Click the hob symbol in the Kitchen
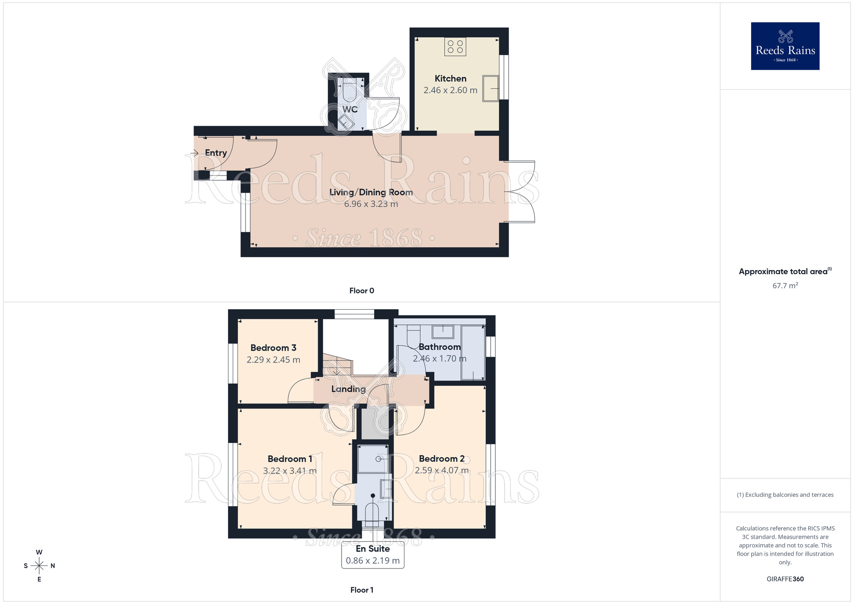pos(455,47)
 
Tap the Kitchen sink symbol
pos(491,88)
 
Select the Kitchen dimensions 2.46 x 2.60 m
pos(450,90)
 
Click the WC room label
pos(350,109)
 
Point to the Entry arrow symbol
pos(195,152)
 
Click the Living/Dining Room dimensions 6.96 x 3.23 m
pos(371,204)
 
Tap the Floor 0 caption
pos(362,291)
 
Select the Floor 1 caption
pos(362,590)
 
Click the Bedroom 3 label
pos(273,348)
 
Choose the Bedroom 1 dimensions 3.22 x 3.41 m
pos(290,471)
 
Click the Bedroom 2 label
pos(442,459)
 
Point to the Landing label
pos(348,389)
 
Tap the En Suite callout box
pos(373,555)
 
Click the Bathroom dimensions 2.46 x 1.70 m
pos(439,359)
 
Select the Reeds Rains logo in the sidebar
pos(785,46)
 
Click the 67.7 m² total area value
pos(785,285)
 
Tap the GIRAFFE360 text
pos(785,579)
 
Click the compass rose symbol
pos(39,566)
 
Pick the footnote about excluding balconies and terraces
pos(785,495)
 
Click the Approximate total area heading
pos(785,271)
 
